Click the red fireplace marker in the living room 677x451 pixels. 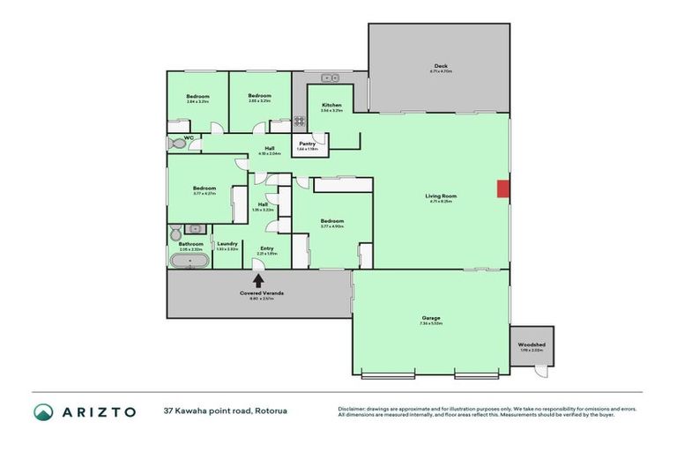click(502, 189)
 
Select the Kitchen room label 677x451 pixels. click(331, 106)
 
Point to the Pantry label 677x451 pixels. click(308, 144)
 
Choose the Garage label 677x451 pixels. click(430, 318)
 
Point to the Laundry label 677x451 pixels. click(227, 244)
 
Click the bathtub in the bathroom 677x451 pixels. click(190, 262)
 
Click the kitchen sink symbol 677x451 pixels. click(330, 77)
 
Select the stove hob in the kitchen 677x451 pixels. click(300, 122)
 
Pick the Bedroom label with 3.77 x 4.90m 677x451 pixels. click(331, 221)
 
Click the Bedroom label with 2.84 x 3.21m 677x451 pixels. click(197, 97)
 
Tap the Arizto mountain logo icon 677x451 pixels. click(44, 411)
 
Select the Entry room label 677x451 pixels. click(266, 248)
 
